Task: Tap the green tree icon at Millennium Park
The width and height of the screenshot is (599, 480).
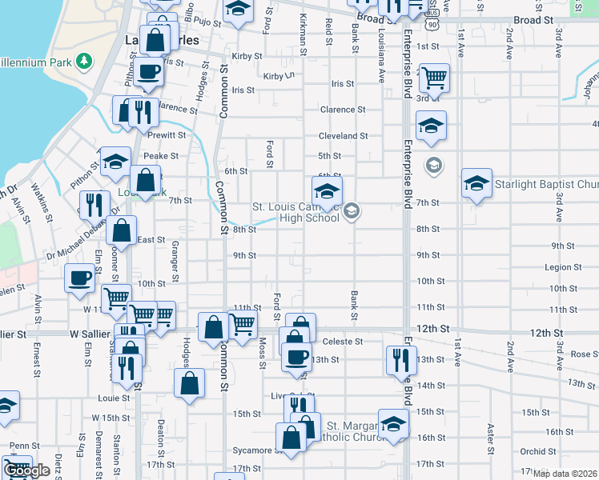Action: (x=84, y=62)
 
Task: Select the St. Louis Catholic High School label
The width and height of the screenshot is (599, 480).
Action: (x=297, y=212)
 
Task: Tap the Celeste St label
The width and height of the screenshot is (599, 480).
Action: (x=344, y=342)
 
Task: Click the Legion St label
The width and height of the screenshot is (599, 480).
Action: (x=563, y=267)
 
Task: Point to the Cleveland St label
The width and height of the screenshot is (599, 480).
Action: (x=343, y=136)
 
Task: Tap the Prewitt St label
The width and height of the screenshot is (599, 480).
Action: (x=166, y=135)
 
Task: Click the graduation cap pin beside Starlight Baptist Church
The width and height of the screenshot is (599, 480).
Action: (x=476, y=184)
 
